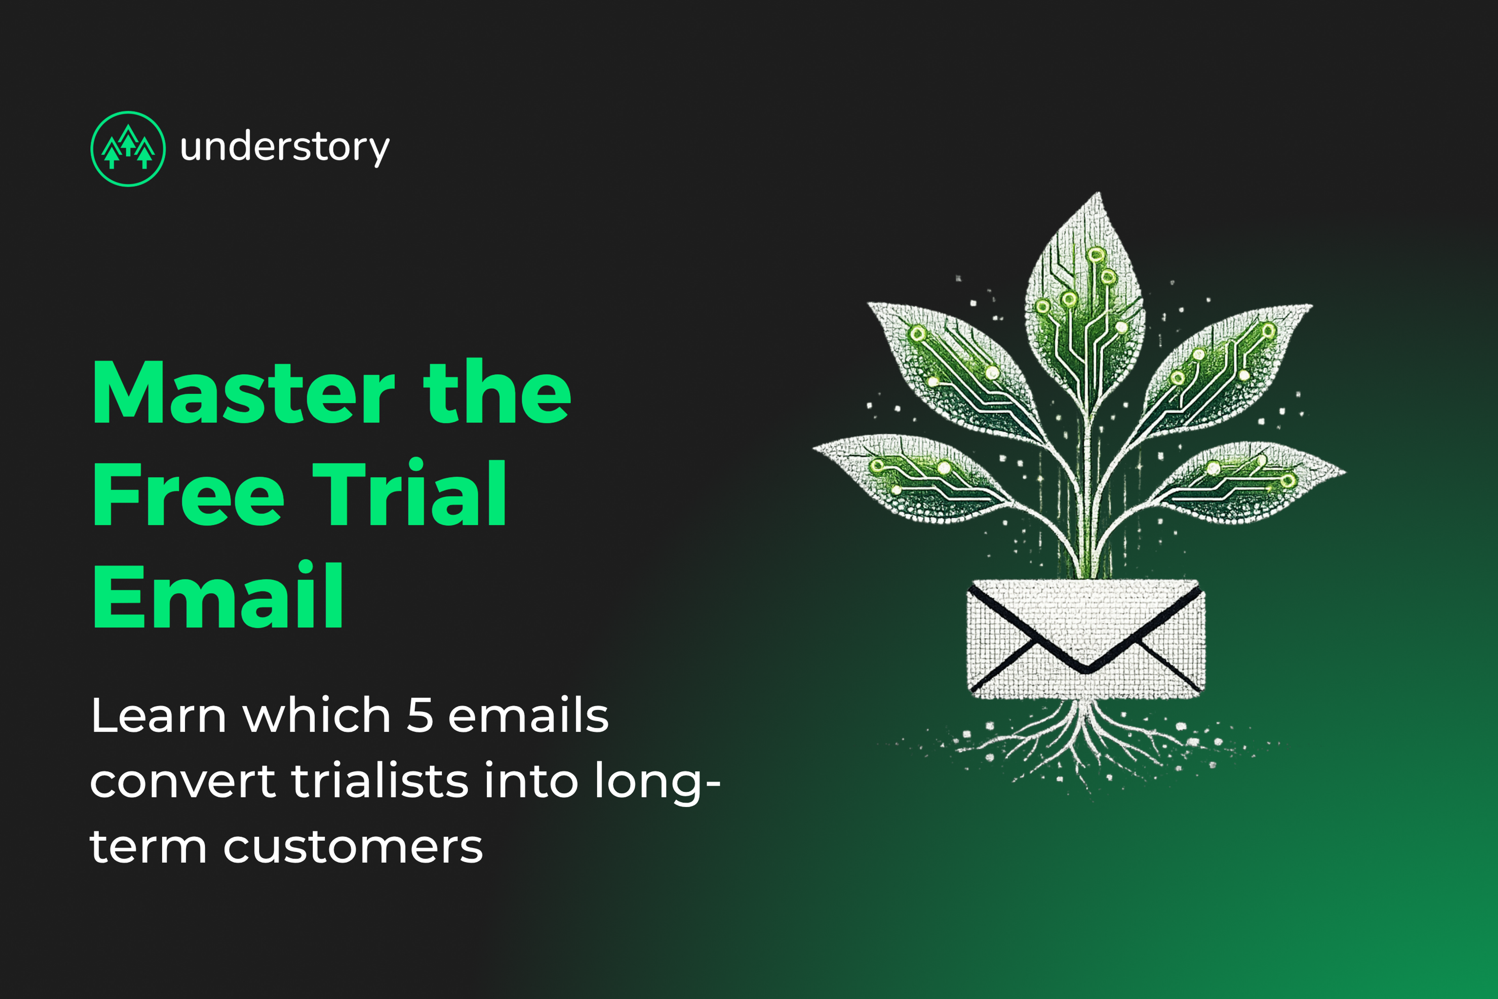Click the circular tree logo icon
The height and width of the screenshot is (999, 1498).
(128, 149)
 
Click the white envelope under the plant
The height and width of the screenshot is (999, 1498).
(1086, 639)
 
